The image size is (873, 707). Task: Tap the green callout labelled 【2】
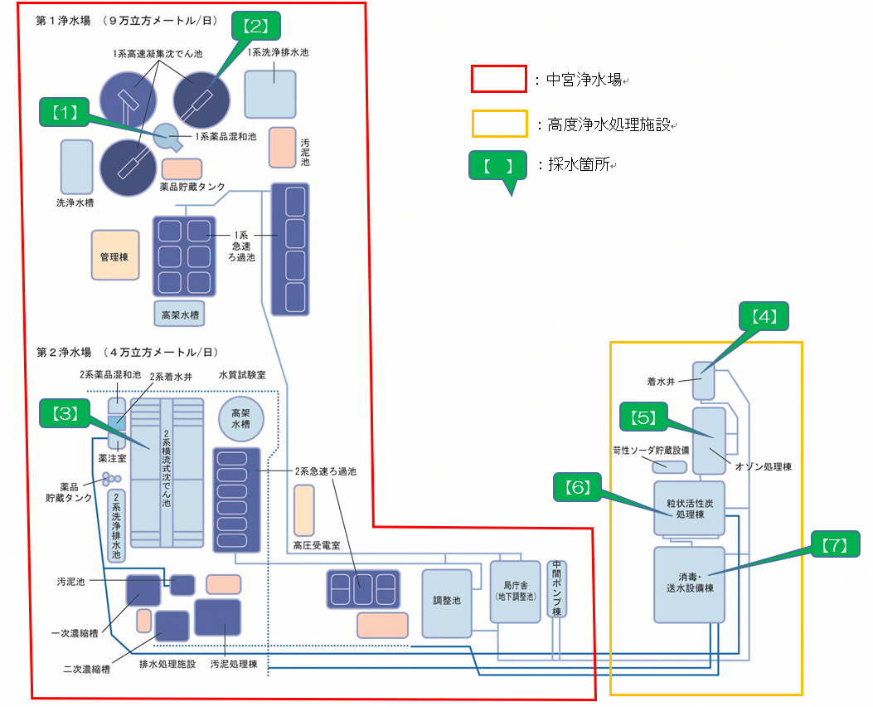[x=255, y=26]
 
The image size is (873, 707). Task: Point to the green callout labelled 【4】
[x=763, y=316]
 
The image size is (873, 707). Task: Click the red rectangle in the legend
[x=498, y=80]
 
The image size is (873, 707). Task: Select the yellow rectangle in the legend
[x=498, y=124]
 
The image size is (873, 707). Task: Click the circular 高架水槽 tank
[x=240, y=419]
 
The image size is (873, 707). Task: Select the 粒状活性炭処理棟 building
[x=689, y=509]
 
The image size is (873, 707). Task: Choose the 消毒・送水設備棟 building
[x=689, y=584]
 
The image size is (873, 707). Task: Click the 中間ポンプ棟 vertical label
[x=557, y=589]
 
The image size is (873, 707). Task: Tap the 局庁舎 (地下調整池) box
[x=515, y=591]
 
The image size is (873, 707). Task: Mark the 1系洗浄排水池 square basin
[x=270, y=93]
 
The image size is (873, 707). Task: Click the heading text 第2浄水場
[x=69, y=352]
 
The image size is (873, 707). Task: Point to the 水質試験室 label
[x=242, y=375]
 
